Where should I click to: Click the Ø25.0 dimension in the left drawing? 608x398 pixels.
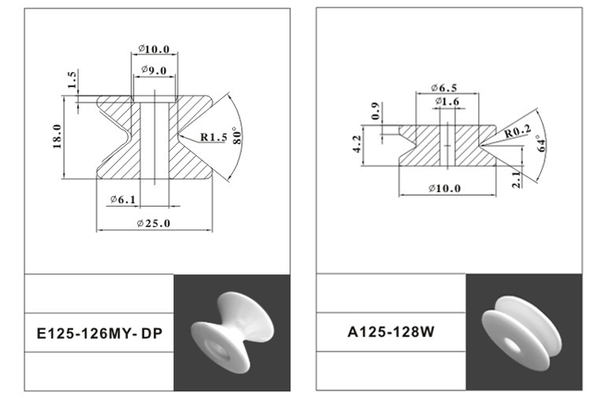pyautogui.click(x=153, y=223)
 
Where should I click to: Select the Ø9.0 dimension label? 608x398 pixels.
pyautogui.click(x=153, y=69)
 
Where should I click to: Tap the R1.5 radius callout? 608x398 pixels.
pyautogui.click(x=213, y=137)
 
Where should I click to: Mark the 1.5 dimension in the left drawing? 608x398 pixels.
pyautogui.click(x=72, y=80)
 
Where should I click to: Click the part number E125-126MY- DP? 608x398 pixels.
pyautogui.click(x=101, y=334)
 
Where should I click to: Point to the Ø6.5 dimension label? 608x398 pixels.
pyautogui.click(x=444, y=88)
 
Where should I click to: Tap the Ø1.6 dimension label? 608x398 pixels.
pyautogui.click(x=447, y=102)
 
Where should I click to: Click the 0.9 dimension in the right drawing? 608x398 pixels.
pyautogui.click(x=376, y=110)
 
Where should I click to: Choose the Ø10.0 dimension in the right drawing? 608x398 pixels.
pyautogui.click(x=445, y=187)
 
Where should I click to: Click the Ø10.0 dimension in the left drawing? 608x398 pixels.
pyautogui.click(x=154, y=49)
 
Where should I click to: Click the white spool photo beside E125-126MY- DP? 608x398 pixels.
pyautogui.click(x=231, y=329)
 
